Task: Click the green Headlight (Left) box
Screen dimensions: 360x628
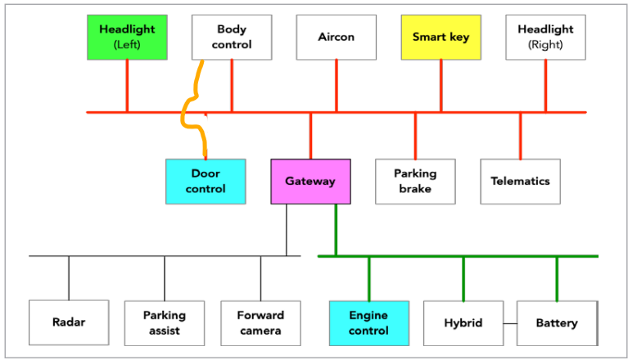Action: (127, 37)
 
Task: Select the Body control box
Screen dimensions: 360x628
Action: (232, 37)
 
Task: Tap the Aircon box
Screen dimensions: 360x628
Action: (336, 37)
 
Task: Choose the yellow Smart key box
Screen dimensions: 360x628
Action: (441, 37)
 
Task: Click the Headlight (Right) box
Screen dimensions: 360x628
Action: (545, 37)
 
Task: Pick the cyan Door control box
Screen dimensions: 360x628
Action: (206, 181)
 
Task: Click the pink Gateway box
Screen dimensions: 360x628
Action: (310, 181)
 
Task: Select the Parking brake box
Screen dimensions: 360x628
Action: (415, 181)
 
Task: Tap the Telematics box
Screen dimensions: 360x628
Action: (520, 181)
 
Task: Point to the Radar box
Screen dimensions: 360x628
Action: (69, 322)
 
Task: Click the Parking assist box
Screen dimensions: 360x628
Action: (165, 322)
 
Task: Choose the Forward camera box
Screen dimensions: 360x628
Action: (260, 322)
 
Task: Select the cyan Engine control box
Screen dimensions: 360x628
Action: (368, 322)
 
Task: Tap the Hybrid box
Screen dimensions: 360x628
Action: (463, 322)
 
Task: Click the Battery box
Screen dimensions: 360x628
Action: (557, 322)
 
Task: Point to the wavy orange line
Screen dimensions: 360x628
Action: (189, 106)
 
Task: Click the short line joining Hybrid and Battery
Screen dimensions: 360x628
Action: (509, 323)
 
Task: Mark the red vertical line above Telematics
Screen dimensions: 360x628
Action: (520, 135)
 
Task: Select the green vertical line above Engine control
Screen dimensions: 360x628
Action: (368, 278)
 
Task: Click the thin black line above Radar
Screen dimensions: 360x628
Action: (69, 278)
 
